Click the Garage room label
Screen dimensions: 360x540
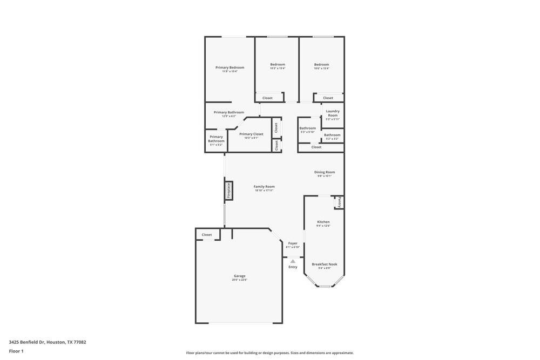(x=239, y=276)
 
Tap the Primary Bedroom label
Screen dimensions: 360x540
(x=230, y=67)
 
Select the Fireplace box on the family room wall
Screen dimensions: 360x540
(x=228, y=191)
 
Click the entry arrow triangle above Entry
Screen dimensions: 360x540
(x=293, y=261)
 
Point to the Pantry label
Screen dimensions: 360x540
(x=339, y=202)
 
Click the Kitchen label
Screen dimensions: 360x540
(x=323, y=222)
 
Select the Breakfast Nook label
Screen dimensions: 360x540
(x=324, y=264)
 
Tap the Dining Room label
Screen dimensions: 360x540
(x=325, y=172)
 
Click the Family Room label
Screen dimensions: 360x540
(x=264, y=187)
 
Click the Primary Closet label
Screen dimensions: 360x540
(x=251, y=134)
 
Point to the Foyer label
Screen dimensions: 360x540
(x=293, y=243)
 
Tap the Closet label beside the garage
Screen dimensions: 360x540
(x=207, y=235)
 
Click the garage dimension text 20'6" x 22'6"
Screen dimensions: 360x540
(x=239, y=280)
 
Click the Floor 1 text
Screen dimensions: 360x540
(x=16, y=351)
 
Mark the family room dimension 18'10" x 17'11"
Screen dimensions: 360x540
(x=264, y=191)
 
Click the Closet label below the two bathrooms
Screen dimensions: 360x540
(x=316, y=147)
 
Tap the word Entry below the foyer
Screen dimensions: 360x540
(x=293, y=267)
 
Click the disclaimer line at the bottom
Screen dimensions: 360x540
(x=270, y=353)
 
